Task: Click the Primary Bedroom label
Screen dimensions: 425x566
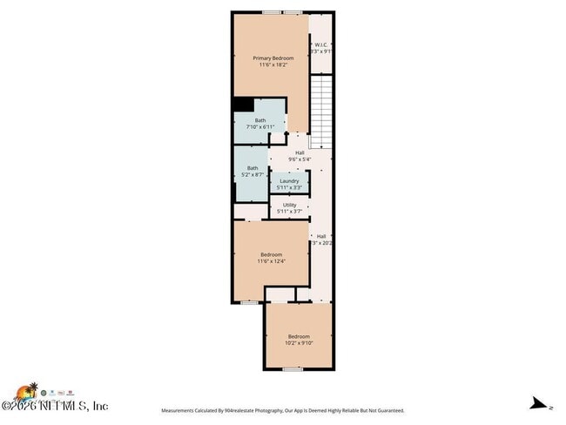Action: [x=273, y=58]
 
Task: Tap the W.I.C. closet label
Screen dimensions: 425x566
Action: [x=321, y=44]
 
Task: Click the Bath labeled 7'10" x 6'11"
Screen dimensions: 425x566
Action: [x=260, y=121]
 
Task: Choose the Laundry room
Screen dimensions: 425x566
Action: [x=289, y=181]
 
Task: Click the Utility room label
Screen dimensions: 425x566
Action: [x=289, y=206]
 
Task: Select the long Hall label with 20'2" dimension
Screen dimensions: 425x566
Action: [x=321, y=236]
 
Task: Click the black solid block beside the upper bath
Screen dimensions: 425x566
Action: [x=242, y=104]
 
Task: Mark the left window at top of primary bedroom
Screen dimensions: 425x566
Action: [x=272, y=12]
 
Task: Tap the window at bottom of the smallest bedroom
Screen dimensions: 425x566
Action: [x=293, y=369]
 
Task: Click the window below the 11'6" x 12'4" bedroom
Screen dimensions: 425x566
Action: [x=249, y=302]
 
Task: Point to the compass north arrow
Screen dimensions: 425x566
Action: [x=540, y=403]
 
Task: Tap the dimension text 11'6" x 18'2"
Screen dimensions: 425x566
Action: [x=273, y=64]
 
